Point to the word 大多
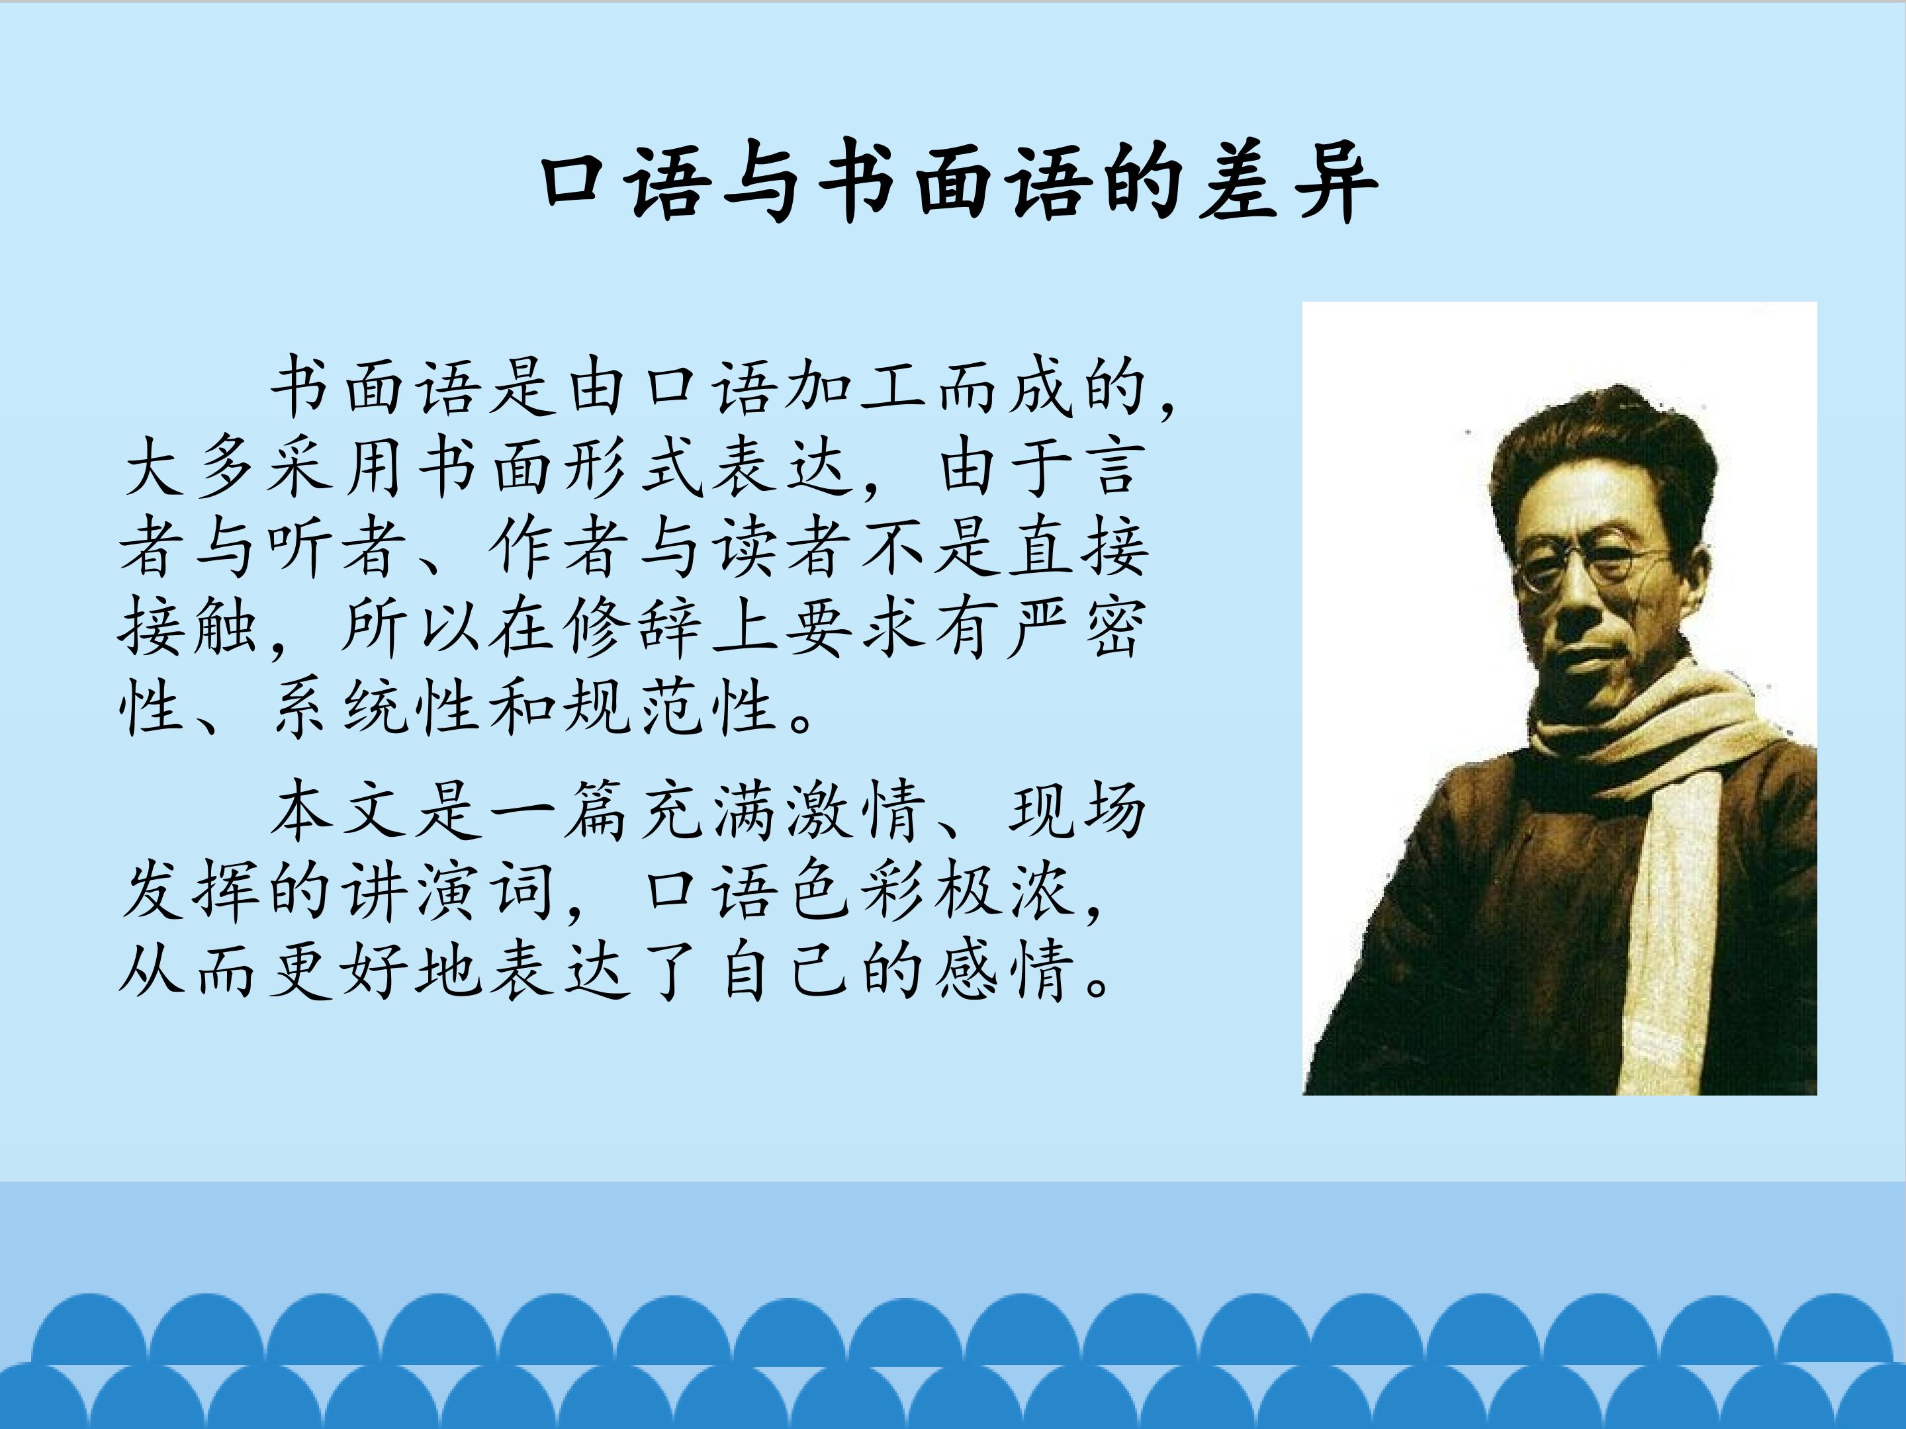[x=191, y=470]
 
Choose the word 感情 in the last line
[x=1001, y=971]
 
